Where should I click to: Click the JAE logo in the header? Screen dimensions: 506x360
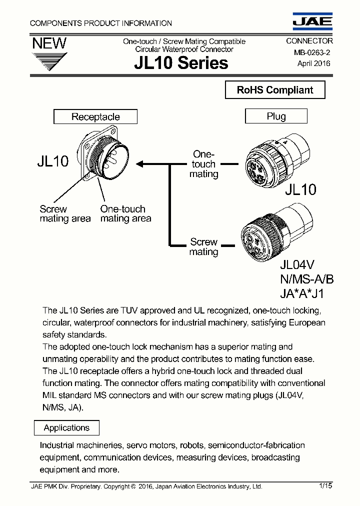coord(312,20)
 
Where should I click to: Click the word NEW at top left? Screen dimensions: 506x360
coord(49,43)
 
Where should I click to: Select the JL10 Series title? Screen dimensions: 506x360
coord(181,63)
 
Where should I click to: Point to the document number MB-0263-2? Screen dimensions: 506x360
coord(308,52)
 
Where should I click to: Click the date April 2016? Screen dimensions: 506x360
coord(313,63)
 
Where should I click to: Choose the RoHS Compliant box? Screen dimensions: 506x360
coord(274,90)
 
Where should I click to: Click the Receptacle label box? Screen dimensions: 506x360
coord(95,117)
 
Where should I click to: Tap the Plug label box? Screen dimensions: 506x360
coord(276,116)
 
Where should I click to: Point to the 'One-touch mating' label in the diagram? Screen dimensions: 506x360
coord(203,164)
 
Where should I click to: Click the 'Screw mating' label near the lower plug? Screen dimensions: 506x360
coord(203,247)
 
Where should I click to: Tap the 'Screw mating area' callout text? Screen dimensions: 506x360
coord(65,214)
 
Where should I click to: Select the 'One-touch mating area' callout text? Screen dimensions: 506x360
coord(125,214)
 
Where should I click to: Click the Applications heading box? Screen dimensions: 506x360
coord(66,428)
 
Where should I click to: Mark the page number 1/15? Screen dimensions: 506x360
coord(324,485)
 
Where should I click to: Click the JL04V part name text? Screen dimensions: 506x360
coord(297,265)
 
